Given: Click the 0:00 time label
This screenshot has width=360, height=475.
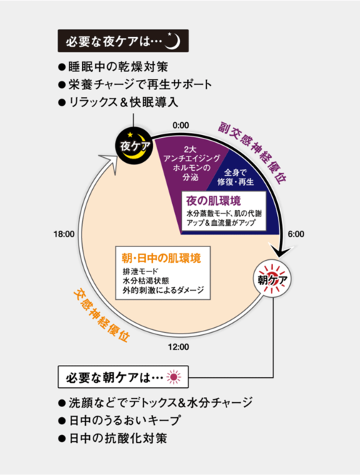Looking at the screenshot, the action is [181, 125].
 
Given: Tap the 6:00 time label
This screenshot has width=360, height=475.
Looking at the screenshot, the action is [296, 234].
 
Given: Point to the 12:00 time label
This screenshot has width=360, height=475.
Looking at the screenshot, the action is [179, 347].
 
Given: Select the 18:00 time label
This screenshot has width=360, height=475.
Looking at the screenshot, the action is [64, 234].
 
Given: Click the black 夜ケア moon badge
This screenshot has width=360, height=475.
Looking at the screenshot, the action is [133, 146].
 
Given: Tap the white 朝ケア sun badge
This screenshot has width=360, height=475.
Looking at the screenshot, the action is [272, 279].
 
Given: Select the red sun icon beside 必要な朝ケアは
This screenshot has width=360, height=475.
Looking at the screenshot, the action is [174, 377].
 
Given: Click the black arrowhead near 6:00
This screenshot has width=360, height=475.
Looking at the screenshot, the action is [281, 249].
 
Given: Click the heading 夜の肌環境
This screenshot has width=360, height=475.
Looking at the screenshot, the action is [214, 201].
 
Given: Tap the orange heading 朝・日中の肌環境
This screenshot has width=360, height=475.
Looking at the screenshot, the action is [161, 258].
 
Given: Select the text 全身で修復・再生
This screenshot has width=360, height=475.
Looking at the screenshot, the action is [236, 177].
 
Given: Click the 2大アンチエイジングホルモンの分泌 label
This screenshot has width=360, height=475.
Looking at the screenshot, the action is [191, 163].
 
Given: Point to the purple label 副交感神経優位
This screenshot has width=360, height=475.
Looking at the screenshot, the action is [252, 154].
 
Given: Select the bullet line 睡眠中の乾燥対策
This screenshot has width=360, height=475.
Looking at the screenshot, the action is [113, 66].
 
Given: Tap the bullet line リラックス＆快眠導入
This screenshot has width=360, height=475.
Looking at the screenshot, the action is [118, 102].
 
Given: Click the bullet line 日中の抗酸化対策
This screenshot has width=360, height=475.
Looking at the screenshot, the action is [113, 438].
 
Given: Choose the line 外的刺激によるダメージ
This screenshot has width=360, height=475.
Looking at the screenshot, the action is [164, 290].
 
